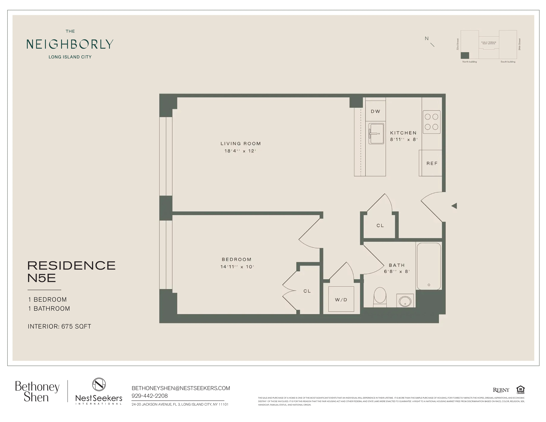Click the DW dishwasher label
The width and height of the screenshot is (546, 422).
pos(375,112)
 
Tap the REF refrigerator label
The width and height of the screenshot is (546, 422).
pos(432,163)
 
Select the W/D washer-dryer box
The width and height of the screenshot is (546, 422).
pos(341,299)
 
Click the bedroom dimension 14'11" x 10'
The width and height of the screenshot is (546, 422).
pos(237,267)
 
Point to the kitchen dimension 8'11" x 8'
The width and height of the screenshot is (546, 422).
pos(403,139)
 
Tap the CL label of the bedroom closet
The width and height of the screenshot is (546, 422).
pos(307,291)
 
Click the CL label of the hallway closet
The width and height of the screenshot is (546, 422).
pos(380,226)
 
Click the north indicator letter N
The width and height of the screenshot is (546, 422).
pos(426,38)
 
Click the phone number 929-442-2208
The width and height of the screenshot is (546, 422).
pos(149,396)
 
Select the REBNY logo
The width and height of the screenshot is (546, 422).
pos(501,390)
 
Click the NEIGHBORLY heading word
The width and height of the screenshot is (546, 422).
pos(70,44)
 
